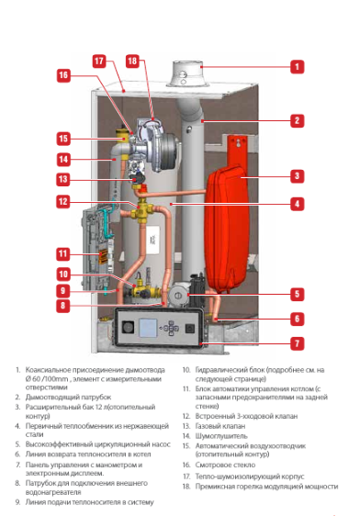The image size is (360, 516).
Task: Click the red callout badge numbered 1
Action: click(x=297, y=66)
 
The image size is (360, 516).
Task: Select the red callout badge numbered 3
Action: click(x=297, y=174)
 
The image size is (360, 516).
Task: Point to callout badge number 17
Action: click(x=99, y=61)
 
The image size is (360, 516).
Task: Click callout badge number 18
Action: click(x=132, y=61)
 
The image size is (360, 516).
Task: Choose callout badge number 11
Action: click(x=62, y=252)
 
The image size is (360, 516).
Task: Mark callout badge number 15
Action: click(x=62, y=139)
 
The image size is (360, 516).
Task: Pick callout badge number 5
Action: click(x=297, y=294)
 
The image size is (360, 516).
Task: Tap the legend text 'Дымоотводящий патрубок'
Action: click(x=68, y=398)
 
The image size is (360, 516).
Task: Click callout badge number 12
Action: click(x=62, y=201)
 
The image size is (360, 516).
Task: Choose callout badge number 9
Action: click(x=62, y=290)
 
